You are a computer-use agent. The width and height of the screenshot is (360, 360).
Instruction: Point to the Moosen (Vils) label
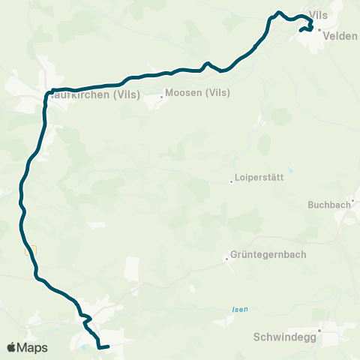pos(196,94)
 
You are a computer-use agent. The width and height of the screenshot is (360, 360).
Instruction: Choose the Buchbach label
pos(329,204)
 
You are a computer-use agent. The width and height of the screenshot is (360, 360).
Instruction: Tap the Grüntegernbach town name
pos(268,254)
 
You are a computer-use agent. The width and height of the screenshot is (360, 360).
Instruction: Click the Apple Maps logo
pos(27,347)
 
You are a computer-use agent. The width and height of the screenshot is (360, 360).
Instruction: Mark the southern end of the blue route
pos(109,346)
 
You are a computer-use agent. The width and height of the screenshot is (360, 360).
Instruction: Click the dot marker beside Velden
pos(319,30)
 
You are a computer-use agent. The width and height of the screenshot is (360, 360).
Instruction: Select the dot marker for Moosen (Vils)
pos(161,95)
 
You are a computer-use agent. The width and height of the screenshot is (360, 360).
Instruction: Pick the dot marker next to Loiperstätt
pos(231,181)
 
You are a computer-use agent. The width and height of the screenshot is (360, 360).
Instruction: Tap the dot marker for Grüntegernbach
pos(226,259)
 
